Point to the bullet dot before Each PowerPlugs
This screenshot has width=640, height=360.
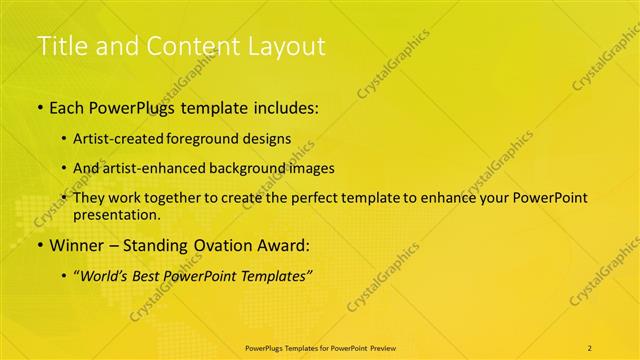tap(39, 108)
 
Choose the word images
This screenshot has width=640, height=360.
tap(311, 168)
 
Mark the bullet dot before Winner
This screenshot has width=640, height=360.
tap(39, 245)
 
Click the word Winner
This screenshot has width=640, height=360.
tap(77, 245)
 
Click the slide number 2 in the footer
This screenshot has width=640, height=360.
tap(589, 347)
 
